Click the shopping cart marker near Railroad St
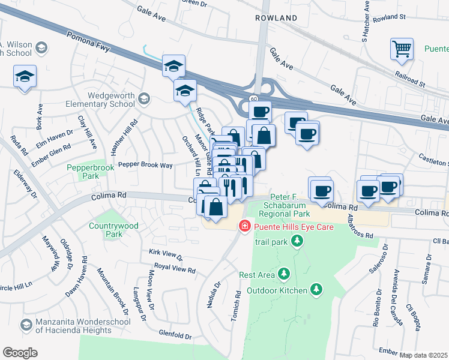point(402,49)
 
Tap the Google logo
point(20,352)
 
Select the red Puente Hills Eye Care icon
point(244,226)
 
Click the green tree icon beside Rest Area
point(284,274)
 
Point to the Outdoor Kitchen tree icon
point(316,290)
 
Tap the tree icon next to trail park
point(296,241)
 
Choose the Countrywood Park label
point(113,230)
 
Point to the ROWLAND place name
point(276,18)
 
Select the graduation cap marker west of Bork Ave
point(25,76)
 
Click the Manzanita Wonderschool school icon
point(26,325)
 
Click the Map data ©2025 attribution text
point(423,355)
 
